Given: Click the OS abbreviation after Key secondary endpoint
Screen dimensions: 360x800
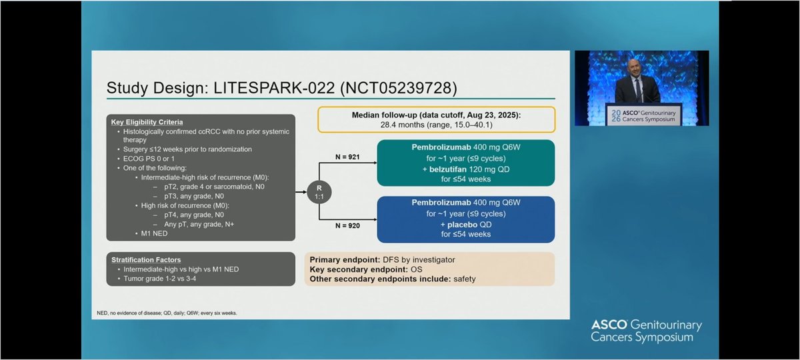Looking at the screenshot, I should pos(417,269).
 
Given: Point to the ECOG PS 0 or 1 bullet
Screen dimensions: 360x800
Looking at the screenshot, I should pos(152,160).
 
